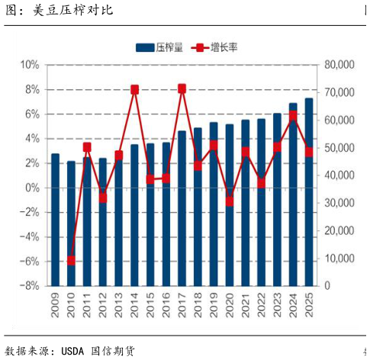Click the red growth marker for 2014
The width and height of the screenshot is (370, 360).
click(134, 90)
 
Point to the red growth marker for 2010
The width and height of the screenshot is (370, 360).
click(71, 261)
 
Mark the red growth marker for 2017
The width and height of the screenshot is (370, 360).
click(182, 88)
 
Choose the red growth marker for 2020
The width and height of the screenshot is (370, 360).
click(230, 201)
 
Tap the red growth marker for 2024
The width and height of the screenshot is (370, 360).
click(293, 115)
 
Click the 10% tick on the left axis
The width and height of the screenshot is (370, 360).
click(30, 65)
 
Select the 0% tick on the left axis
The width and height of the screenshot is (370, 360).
click(32, 188)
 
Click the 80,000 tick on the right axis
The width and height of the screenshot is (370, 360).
click(340, 65)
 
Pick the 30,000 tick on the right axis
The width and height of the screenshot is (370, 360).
click(340, 203)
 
